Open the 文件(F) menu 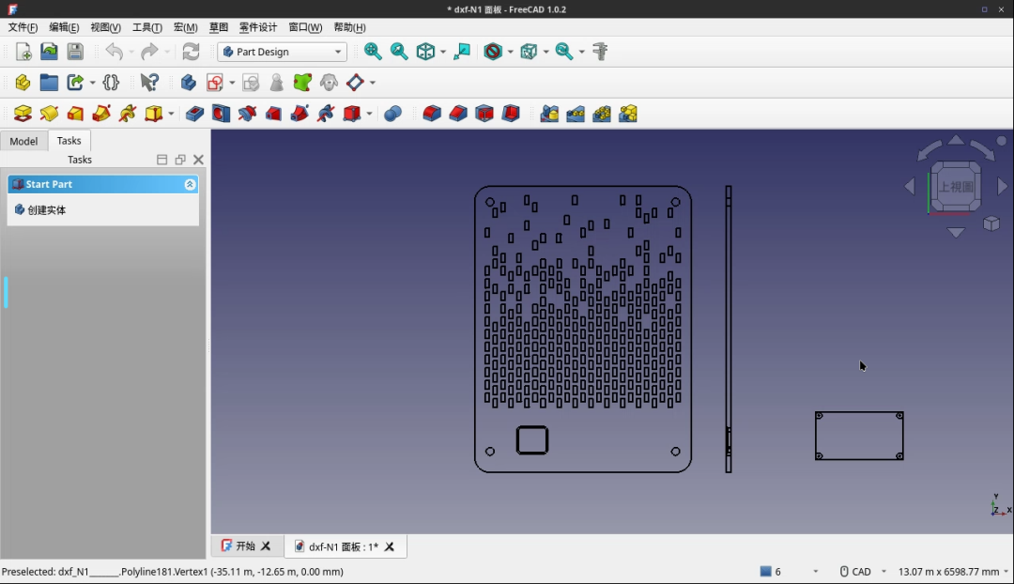tap(23, 27)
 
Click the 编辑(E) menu tap(64, 27)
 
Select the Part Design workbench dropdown tap(282, 52)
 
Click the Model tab tap(23, 141)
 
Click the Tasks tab tap(69, 141)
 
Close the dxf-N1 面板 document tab tap(390, 546)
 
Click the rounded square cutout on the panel tap(532, 440)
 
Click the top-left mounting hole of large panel tap(490, 201)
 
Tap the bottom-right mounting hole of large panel tap(676, 452)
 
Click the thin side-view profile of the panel tap(729, 329)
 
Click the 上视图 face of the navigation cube tap(956, 187)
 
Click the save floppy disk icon tap(75, 52)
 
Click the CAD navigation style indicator tap(855, 571)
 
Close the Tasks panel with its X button tap(198, 160)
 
